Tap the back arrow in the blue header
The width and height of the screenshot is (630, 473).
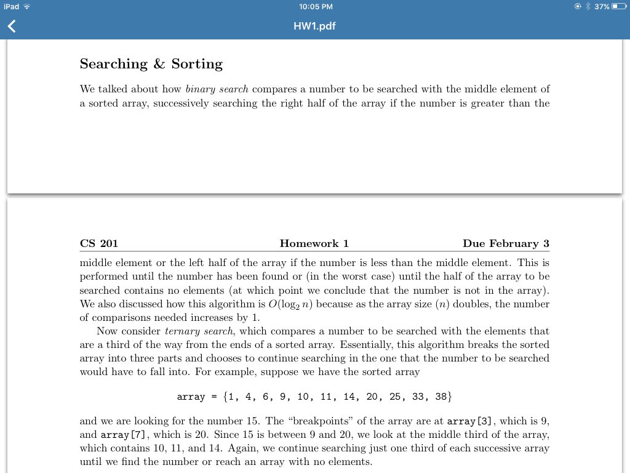pos(11,26)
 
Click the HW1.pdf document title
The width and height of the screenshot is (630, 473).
pos(314,26)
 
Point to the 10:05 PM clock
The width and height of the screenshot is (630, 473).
pos(315,7)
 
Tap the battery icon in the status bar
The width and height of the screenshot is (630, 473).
pos(618,7)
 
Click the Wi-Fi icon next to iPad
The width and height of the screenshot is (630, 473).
pos(26,7)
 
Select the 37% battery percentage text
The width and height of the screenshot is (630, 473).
pos(602,7)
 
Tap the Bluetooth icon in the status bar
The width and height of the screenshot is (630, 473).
pos(588,7)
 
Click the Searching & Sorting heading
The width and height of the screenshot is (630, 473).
pos(151,64)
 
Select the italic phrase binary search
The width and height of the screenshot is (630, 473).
pos(217,89)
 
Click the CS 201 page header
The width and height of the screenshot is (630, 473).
pos(98,243)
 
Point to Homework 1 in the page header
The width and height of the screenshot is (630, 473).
pos(314,243)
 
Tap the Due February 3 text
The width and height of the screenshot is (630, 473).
pos(506,243)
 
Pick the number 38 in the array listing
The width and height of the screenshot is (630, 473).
pos(441,397)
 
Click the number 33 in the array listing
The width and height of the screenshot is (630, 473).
pos(418,397)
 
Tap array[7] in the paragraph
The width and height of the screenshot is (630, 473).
pos(115,435)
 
